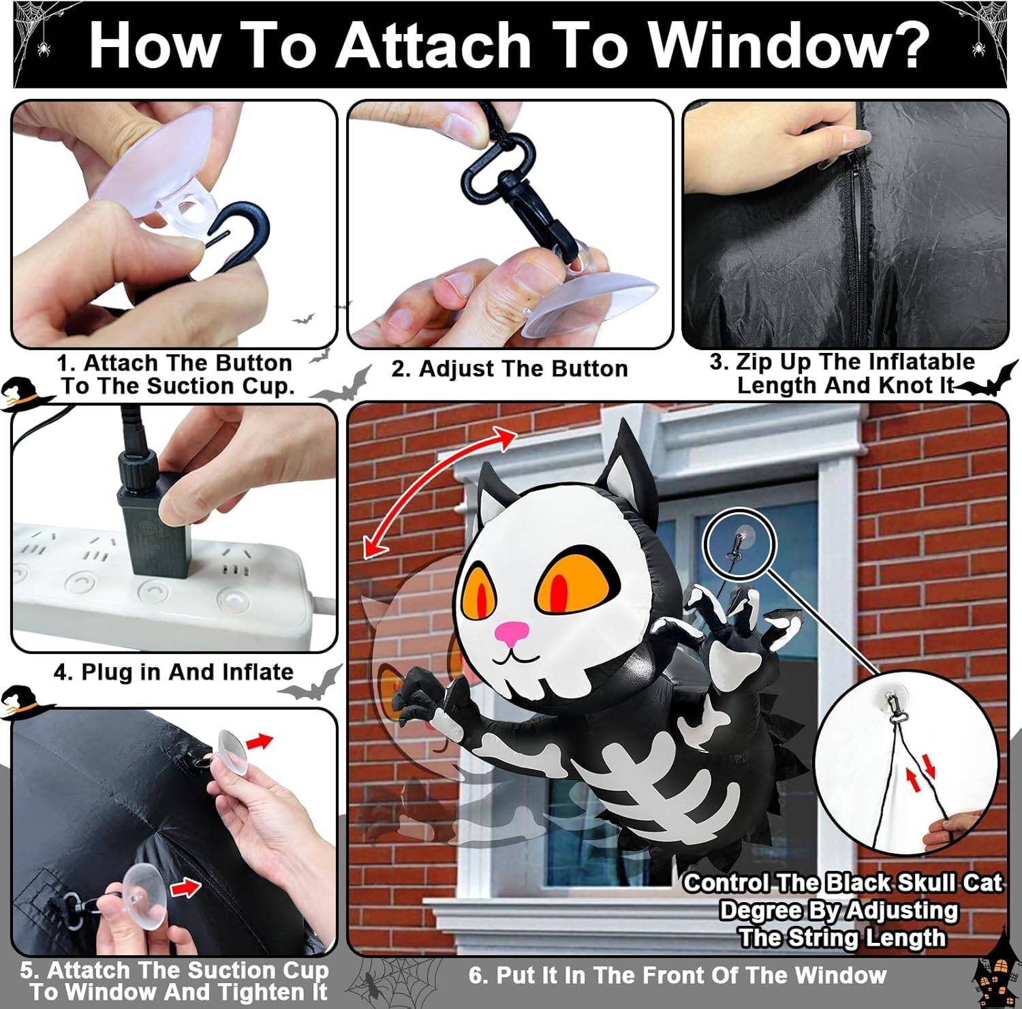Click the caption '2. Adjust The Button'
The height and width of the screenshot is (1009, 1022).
(x=509, y=369)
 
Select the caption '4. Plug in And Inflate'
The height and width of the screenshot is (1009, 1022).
(x=174, y=672)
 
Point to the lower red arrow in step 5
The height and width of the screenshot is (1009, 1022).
(x=185, y=886)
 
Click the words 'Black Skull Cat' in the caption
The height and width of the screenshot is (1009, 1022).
(x=914, y=883)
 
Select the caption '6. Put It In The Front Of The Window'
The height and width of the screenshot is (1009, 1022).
(x=677, y=975)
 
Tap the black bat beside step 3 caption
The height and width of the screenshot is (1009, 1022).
(x=988, y=383)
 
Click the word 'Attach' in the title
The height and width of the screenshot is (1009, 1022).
(x=432, y=45)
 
